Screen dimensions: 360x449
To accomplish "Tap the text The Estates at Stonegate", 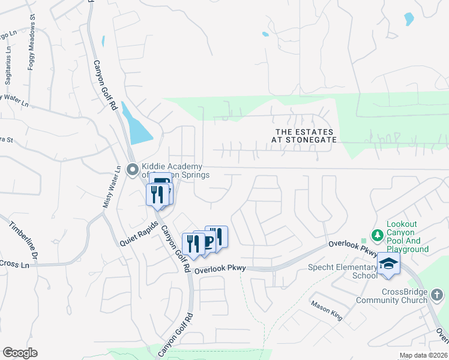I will pyautogui.click(x=304, y=135).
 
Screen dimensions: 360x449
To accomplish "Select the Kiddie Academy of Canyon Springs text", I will pyautogui.click(x=174, y=170).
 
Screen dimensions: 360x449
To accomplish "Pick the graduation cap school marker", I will pyautogui.click(x=388, y=263).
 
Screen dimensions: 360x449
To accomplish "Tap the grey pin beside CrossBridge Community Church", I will pyautogui.click(x=437, y=294).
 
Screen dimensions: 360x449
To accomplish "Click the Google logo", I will pyautogui.click(x=20, y=353).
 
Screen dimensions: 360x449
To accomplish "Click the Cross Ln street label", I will pyautogui.click(x=14, y=264).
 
